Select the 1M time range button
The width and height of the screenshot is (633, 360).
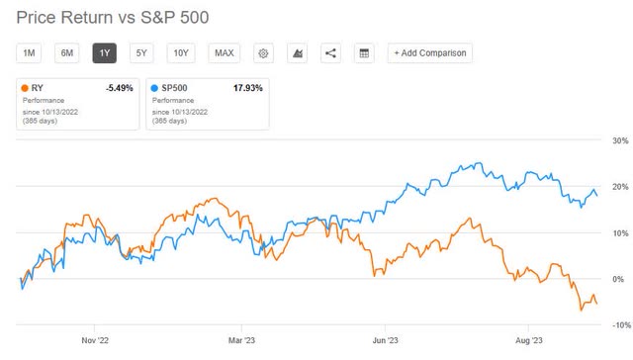tap(29, 53)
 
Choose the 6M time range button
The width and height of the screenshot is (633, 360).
tap(67, 53)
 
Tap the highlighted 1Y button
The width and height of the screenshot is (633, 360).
tap(105, 53)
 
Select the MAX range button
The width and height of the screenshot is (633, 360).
tap(224, 53)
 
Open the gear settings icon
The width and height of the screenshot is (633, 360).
tap(263, 53)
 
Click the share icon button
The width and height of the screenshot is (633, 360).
tap(329, 53)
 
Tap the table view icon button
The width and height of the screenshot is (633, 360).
tap(363, 53)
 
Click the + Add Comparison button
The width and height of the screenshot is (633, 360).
tap(429, 53)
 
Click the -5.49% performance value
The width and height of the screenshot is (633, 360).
tap(118, 87)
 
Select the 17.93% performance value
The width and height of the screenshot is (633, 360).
tap(248, 87)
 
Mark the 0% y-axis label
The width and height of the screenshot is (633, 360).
tap(620, 280)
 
